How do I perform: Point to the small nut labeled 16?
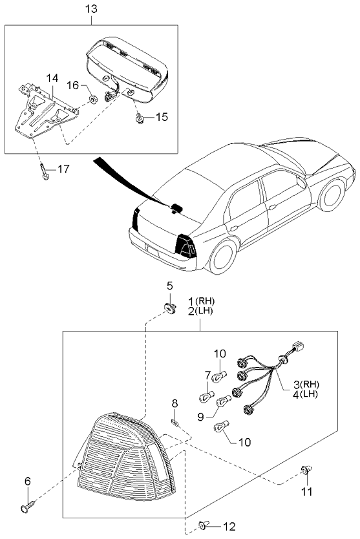coord(92,100)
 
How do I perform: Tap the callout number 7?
coord(208,374)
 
